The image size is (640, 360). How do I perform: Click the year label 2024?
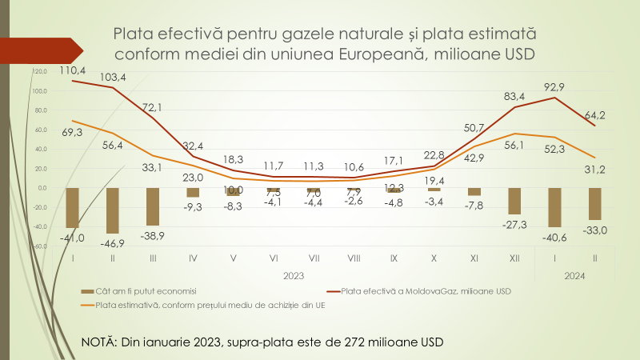point(572,275)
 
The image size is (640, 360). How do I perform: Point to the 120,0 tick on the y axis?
point(39,72)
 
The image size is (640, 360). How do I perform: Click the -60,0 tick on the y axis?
point(39,246)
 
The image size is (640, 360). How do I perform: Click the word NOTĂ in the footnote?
point(99,342)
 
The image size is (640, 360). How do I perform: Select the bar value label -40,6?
point(552,237)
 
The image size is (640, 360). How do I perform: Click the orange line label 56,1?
point(513,145)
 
